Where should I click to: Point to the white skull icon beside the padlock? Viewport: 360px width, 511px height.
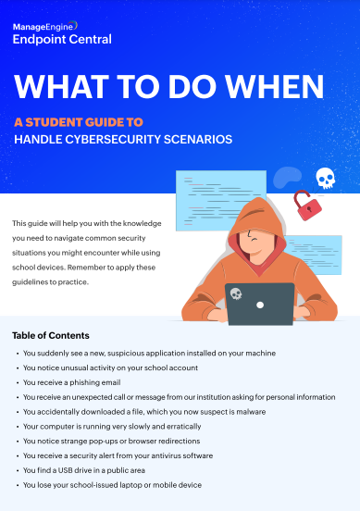(325, 178)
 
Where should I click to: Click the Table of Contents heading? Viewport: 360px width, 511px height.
(51, 335)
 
